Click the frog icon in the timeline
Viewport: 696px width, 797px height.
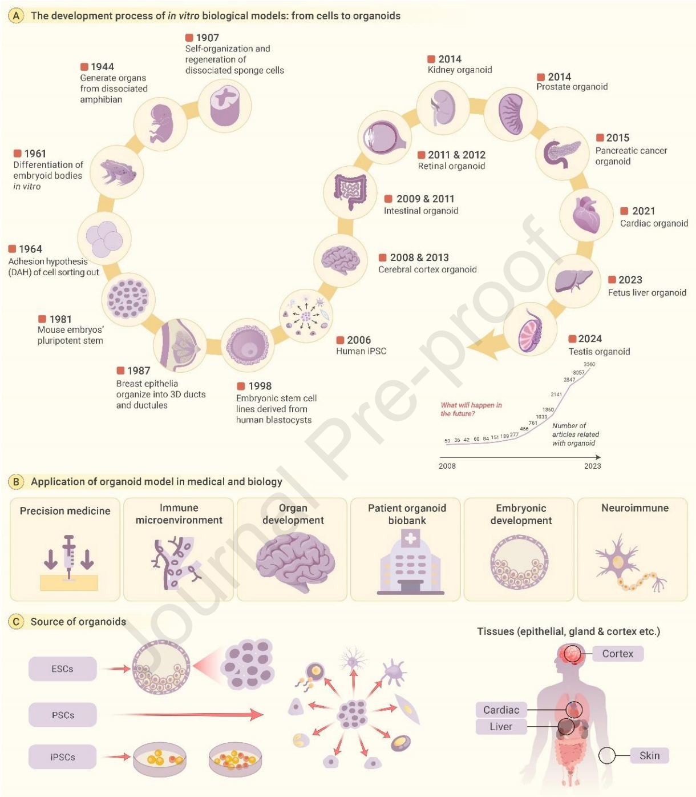[117, 172]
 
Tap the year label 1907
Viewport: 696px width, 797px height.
[207, 38]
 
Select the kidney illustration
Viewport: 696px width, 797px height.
[443, 108]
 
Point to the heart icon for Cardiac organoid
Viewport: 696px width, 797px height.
[586, 215]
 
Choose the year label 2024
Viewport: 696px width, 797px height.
[590, 339]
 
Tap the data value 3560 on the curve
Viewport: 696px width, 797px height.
[589, 364]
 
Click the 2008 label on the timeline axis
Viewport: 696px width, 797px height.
[447, 466]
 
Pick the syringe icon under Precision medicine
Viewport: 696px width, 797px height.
[69, 557]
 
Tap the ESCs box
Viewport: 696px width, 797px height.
[63, 669]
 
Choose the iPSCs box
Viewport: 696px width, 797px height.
[63, 757]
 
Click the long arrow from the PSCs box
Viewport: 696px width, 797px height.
[187, 714]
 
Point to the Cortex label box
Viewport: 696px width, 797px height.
[618, 653]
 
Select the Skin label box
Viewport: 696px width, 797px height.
[649, 755]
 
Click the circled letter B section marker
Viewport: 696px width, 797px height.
[16, 482]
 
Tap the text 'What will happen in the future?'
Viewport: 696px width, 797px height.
[471, 409]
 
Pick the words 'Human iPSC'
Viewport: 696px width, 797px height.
[361, 351]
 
